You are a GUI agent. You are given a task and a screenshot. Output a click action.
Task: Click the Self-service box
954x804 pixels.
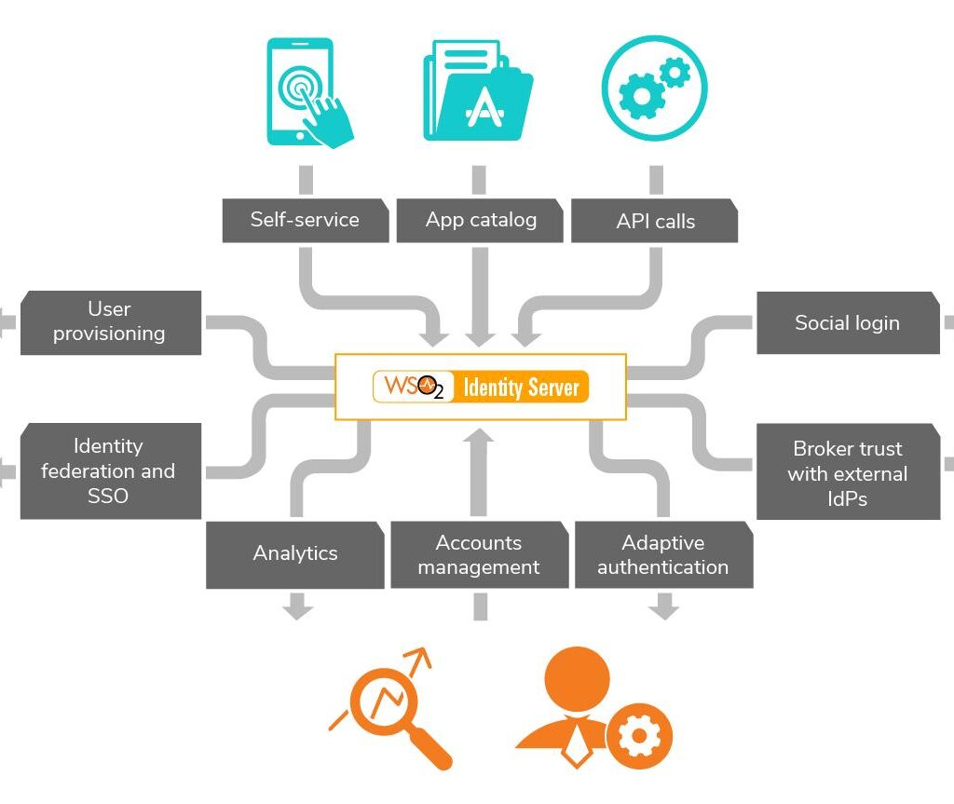305,221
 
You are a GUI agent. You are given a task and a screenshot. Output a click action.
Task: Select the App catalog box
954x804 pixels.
481,221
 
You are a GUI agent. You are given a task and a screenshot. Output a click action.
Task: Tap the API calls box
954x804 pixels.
655,222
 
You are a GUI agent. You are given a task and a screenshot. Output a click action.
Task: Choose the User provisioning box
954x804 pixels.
110,322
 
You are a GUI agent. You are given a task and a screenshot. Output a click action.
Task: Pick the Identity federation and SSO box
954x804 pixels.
110,471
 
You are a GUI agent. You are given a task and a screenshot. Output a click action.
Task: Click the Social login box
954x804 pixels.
847,323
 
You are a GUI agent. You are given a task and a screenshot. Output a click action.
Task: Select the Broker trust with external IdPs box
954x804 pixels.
847,472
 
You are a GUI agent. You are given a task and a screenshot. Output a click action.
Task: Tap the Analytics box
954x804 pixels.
294,554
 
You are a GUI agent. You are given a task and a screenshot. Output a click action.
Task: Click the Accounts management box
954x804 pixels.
479,555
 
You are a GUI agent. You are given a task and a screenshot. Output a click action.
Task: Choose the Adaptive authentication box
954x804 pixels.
662,555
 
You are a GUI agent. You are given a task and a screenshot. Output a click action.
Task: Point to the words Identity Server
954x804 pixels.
522,387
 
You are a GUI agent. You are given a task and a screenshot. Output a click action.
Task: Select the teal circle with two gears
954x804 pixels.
654,89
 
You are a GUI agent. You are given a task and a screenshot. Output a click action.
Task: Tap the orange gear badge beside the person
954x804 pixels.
639,735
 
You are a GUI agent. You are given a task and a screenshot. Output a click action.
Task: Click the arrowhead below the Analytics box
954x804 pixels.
297,610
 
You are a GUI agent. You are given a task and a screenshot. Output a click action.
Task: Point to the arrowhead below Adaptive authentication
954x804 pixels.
663,610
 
